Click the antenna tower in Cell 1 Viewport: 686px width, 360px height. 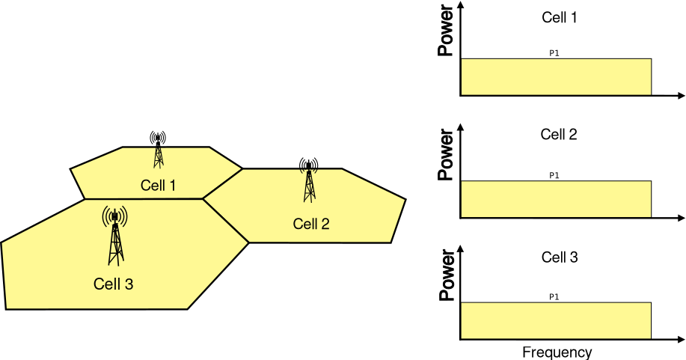(x=158, y=150)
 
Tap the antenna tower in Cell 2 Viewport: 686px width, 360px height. (x=309, y=180)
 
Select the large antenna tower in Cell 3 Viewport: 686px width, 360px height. (x=114, y=236)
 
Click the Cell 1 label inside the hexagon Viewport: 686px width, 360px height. (x=158, y=185)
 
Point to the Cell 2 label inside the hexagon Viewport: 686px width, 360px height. (x=311, y=223)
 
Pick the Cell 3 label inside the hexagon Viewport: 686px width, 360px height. (x=113, y=284)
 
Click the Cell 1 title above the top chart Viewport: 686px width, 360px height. (x=559, y=16)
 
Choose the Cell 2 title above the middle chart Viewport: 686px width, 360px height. (x=559, y=135)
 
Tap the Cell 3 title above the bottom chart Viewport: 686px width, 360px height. (x=559, y=257)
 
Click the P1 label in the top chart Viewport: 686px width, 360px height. (x=554, y=54)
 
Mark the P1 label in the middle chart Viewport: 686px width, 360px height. (x=554, y=176)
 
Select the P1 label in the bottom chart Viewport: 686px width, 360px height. (x=554, y=297)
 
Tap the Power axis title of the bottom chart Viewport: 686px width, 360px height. (x=447, y=281)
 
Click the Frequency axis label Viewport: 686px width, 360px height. (x=557, y=352)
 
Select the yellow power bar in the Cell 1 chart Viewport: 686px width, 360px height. (x=556, y=77)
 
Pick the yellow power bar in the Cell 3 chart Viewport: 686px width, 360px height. (x=556, y=320)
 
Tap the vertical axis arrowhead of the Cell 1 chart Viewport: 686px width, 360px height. (x=461, y=6)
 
